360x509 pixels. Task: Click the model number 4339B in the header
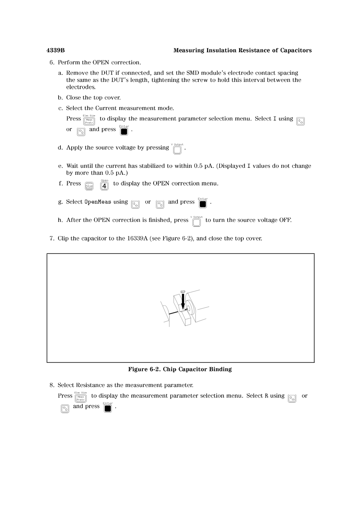(x=55, y=50)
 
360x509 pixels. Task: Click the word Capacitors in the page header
(x=294, y=50)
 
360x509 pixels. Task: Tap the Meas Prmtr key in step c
(x=89, y=121)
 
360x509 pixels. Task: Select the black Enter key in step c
(x=124, y=132)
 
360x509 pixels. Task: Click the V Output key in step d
(x=177, y=150)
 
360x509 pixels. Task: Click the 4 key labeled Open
(x=104, y=186)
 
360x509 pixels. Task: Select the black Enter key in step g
(x=203, y=204)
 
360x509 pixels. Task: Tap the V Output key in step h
(x=197, y=223)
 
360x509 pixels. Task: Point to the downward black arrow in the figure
(x=183, y=301)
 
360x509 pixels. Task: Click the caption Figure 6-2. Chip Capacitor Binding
(x=180, y=369)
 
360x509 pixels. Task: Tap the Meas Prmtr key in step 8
(x=81, y=398)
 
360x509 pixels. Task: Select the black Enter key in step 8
(x=108, y=409)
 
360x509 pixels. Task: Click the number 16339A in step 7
(x=136, y=238)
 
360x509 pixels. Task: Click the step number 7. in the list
(x=52, y=238)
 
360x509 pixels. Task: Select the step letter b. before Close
(x=60, y=97)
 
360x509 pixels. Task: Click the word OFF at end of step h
(x=285, y=220)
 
